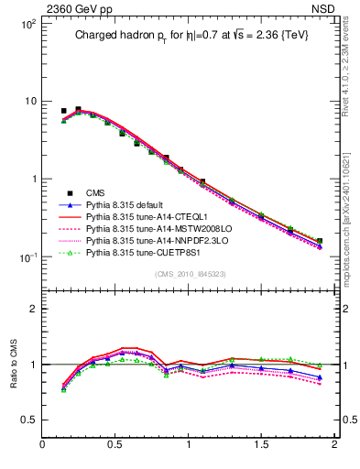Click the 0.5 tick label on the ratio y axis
(x=27, y=420)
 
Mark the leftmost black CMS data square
(x=63, y=111)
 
